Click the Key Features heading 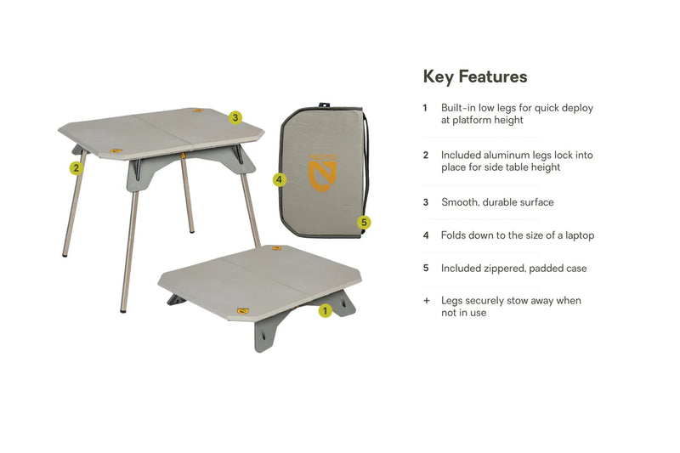click(x=475, y=76)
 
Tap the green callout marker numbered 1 click(x=324, y=311)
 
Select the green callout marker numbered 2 click(x=76, y=167)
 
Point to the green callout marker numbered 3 click(x=235, y=117)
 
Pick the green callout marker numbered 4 click(x=279, y=180)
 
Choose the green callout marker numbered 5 click(x=365, y=223)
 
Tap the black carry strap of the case click(x=370, y=161)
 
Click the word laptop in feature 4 click(x=577, y=235)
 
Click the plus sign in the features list click(x=426, y=301)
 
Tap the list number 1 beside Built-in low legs click(x=425, y=108)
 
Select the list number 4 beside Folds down click(x=426, y=235)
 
